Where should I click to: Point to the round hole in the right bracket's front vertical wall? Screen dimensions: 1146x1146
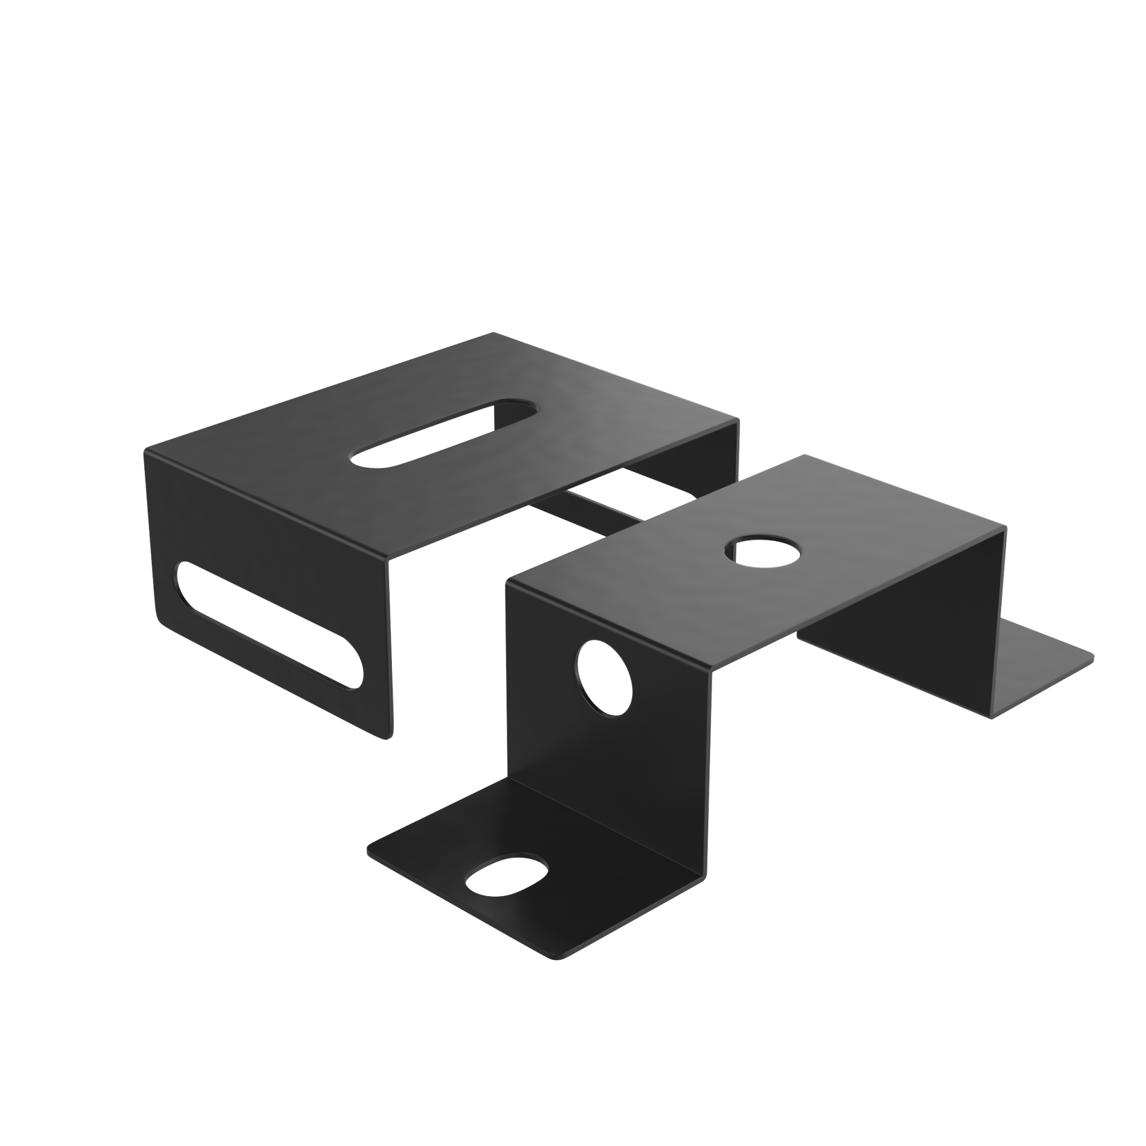tap(605, 676)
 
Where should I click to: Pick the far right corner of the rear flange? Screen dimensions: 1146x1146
tap(1093, 657)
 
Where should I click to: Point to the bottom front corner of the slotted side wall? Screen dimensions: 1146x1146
tap(388, 738)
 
